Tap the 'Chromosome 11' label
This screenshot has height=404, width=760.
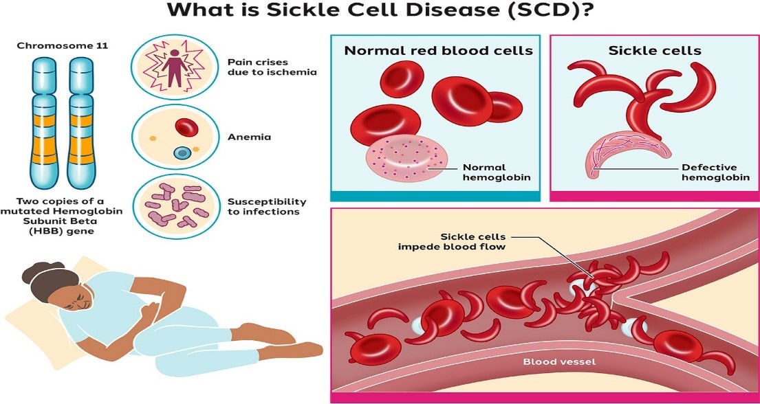[x=62, y=46]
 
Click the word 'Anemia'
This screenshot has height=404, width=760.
[x=249, y=136]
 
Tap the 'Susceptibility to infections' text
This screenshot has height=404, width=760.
[x=267, y=206]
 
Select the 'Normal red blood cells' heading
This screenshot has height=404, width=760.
[x=438, y=51]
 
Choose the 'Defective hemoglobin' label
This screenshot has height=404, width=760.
[x=708, y=172]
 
